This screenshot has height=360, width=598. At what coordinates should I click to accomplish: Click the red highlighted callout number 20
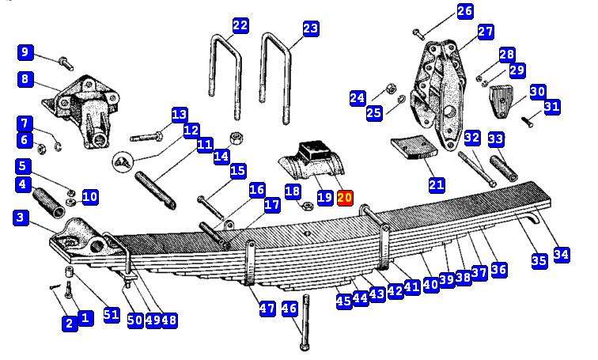(x=345, y=198)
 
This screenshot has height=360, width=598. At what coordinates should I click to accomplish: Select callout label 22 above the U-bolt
(x=240, y=25)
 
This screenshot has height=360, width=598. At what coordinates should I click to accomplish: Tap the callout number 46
(x=290, y=307)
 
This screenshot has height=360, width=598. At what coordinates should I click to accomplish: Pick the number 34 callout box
(x=562, y=254)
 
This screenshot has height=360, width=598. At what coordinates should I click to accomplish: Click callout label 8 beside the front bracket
(x=25, y=79)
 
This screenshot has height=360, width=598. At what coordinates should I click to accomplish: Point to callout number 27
(x=486, y=32)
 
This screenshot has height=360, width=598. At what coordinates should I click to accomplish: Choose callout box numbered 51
(x=112, y=315)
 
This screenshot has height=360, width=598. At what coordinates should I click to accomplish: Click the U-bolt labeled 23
(x=275, y=78)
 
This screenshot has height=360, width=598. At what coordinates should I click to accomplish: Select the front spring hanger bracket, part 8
(x=81, y=112)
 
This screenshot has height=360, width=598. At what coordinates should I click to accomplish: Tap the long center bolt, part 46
(x=305, y=322)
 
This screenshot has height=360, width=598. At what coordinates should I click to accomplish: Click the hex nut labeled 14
(x=237, y=138)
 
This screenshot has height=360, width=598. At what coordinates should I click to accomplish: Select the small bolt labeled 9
(x=66, y=63)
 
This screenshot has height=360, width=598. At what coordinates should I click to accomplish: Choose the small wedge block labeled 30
(x=499, y=101)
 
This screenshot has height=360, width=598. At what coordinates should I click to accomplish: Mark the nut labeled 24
(x=391, y=89)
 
